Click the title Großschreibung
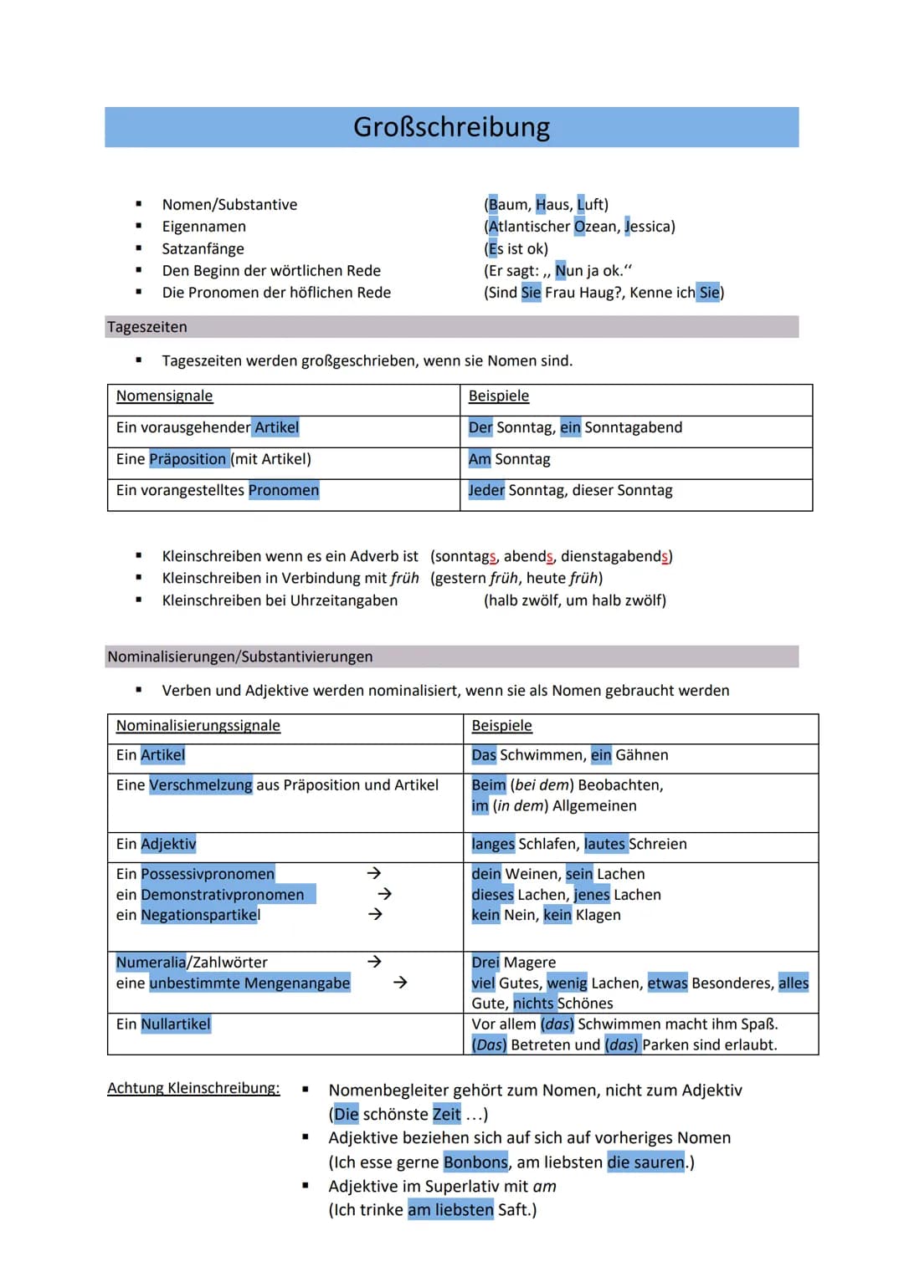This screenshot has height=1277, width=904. point(451,127)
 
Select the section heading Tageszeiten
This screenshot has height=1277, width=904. point(147,327)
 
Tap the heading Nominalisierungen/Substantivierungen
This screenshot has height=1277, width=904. point(239,656)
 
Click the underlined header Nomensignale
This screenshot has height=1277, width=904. point(164,396)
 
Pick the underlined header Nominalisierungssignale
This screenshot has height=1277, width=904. point(198,726)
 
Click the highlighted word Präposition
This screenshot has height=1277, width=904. point(188,459)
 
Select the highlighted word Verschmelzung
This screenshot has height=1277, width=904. point(201,785)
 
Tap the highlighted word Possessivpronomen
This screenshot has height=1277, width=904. point(208,874)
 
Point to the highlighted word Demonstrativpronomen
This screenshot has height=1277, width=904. point(223,895)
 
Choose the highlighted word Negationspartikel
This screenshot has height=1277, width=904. point(201,915)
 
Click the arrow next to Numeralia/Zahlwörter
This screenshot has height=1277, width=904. point(374,962)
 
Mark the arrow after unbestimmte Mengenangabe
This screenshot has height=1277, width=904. point(400,983)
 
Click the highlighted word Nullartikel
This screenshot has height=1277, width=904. point(176,1024)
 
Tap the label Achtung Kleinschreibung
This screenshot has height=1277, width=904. point(193,1088)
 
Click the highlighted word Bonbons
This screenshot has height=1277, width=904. point(475,1162)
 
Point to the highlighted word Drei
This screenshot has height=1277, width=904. point(485,963)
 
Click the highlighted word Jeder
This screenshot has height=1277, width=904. point(486,490)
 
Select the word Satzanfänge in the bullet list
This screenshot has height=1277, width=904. point(203,248)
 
